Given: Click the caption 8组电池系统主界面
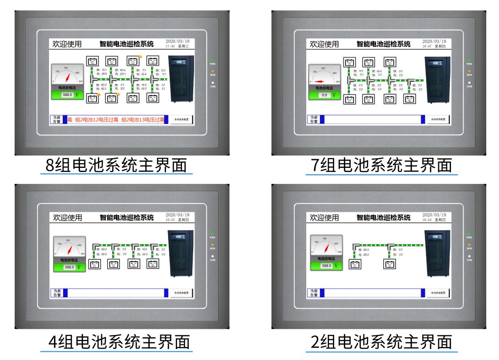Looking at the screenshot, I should pos(116,165).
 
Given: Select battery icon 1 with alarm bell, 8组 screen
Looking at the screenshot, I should pos(93,97).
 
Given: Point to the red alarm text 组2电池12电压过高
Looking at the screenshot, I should pos(97,120).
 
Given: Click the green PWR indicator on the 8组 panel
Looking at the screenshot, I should pos(213,60).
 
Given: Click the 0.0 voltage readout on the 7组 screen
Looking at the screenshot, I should pos(324,95).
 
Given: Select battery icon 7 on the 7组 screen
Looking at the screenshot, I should pos(389,62).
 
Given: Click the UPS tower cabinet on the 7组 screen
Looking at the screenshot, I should pos(437,79).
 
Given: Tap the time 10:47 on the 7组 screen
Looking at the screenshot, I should pos(427,46).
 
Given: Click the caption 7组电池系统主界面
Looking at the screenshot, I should pos(381,165).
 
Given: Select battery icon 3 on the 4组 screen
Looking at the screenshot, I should pos(133,264).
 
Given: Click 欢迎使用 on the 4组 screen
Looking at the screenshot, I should pos(67,217).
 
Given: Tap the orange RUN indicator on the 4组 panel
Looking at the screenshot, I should pos(213,244).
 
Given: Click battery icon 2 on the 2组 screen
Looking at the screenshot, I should pos(389,264).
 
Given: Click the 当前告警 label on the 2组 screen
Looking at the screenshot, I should pos(314,293).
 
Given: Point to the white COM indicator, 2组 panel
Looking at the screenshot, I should pos(469,256).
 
